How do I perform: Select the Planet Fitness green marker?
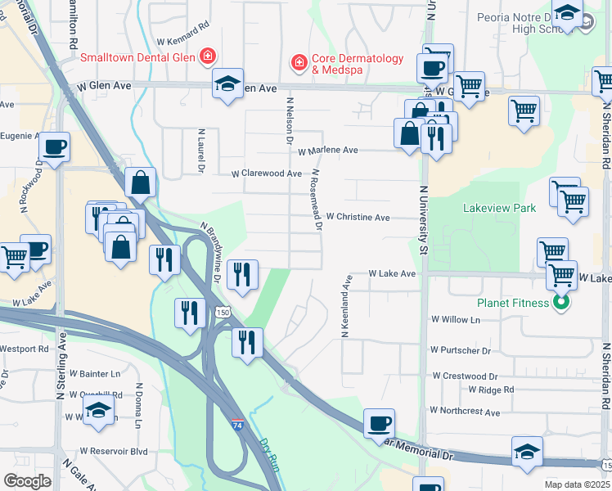pyautogui.click(x=560, y=303)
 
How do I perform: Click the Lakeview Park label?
pyautogui.click(x=499, y=208)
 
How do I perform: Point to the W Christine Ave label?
pyautogui.click(x=358, y=218)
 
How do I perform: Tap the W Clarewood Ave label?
pyautogui.click(x=266, y=173)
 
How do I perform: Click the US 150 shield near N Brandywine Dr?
pyautogui.click(x=223, y=313)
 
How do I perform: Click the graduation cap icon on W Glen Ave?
pyautogui.click(x=227, y=83)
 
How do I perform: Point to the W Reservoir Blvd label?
pyautogui.click(x=114, y=451)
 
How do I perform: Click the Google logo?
pyautogui.click(x=27, y=481)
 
